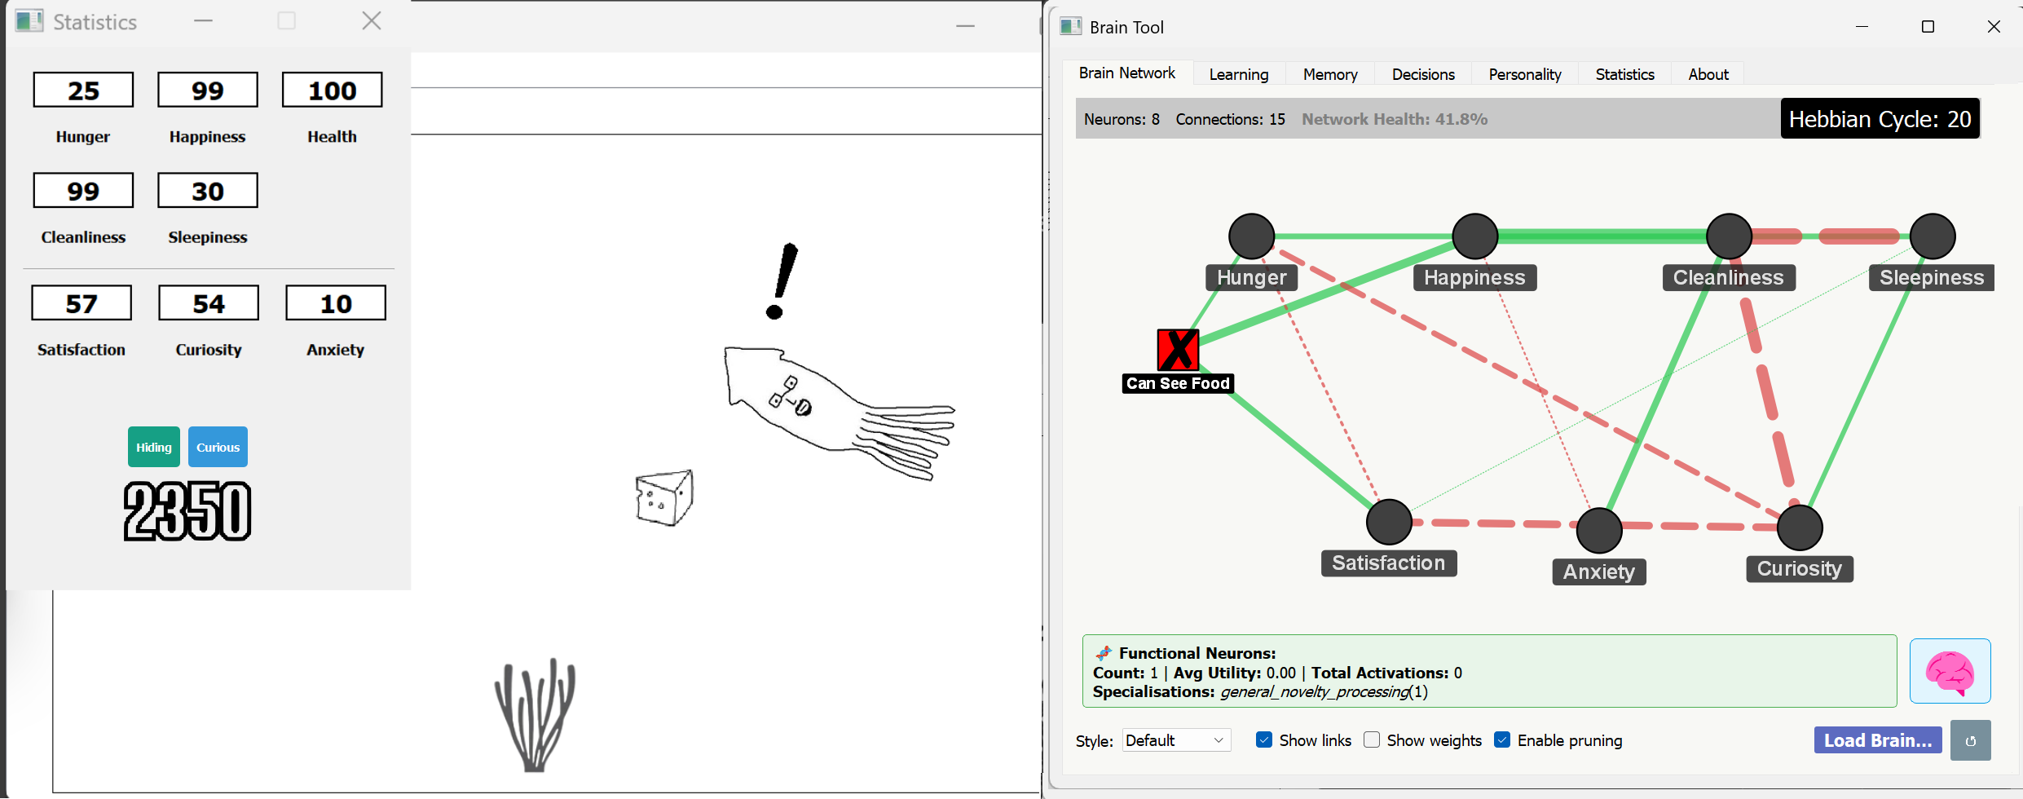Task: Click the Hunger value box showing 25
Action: point(83,90)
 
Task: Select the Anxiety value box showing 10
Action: point(335,303)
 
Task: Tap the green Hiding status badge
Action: point(154,447)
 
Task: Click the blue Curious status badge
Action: point(218,447)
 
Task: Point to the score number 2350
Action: point(187,511)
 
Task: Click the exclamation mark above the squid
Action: point(781,281)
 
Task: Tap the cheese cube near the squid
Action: point(663,497)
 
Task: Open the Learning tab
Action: point(1238,74)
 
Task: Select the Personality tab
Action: point(1524,74)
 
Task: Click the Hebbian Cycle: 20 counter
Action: point(1879,119)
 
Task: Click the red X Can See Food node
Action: point(1178,350)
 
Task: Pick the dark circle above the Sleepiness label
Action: point(1933,236)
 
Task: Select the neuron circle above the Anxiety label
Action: point(1599,531)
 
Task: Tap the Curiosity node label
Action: point(1799,568)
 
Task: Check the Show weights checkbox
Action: point(1373,739)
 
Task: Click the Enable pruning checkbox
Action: point(1502,739)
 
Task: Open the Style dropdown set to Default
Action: point(1175,740)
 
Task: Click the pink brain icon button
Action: point(1949,671)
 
